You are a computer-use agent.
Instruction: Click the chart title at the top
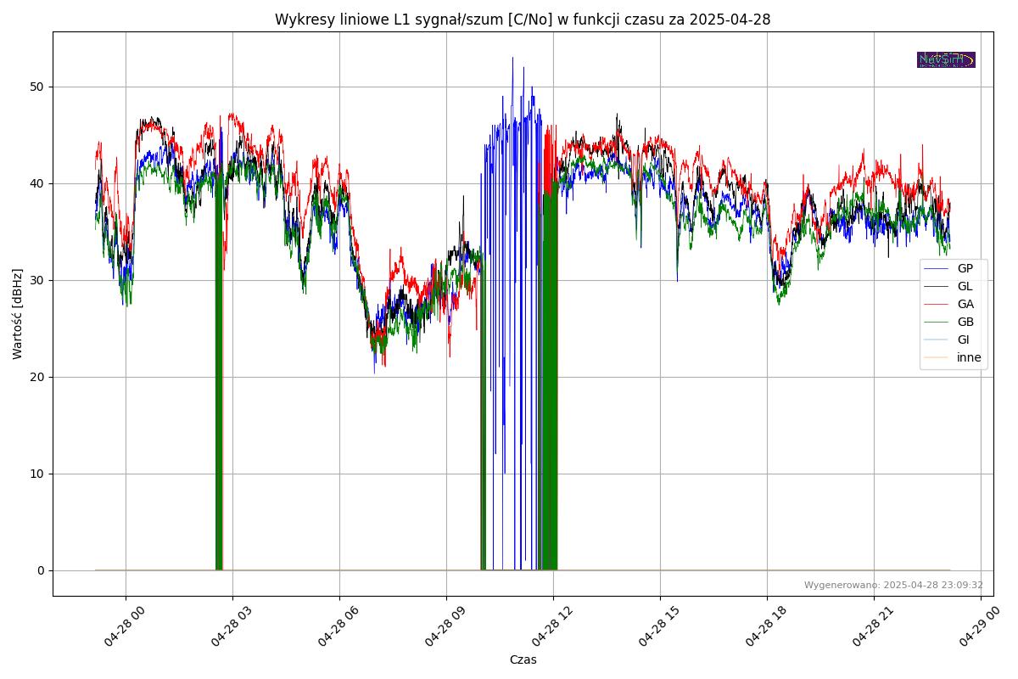522,20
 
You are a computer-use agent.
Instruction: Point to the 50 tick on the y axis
36,87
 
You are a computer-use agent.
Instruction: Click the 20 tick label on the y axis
36,377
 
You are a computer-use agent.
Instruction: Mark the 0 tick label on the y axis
40,570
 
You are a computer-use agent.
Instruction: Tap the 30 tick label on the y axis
36,280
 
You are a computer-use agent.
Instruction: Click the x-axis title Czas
523,659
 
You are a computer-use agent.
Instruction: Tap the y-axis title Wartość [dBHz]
18,313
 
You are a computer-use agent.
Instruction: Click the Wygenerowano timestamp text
893,585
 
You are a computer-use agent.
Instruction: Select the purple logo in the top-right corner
946,59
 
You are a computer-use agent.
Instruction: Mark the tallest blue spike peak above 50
512,58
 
